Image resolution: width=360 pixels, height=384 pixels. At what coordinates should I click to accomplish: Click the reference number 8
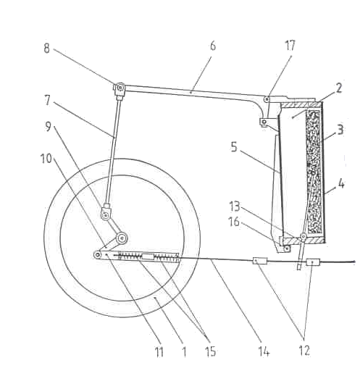(46, 49)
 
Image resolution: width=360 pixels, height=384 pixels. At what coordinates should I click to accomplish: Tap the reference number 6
(213, 46)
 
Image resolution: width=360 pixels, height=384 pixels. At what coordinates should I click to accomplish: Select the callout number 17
(290, 46)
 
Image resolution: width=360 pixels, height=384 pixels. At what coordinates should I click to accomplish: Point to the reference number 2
(339, 88)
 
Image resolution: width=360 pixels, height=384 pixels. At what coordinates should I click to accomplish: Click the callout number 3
(340, 130)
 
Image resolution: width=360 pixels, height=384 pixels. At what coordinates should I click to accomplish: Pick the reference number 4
(341, 184)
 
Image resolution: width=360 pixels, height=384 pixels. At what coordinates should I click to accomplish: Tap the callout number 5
(234, 147)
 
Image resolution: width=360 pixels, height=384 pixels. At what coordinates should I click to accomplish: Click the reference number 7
(47, 100)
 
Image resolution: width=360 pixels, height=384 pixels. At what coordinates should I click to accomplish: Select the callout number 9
(48, 126)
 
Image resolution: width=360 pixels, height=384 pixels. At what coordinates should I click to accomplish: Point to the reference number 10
(46, 159)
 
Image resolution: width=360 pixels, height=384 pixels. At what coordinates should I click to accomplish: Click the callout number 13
(235, 206)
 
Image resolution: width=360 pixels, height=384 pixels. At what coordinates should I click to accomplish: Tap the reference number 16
(234, 222)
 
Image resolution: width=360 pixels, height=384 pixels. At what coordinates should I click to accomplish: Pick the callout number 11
(159, 352)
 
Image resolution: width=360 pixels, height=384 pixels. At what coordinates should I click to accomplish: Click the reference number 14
(264, 351)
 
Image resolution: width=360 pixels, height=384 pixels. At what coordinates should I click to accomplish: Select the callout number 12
(304, 351)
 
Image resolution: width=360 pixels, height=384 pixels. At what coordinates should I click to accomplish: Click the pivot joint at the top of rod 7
(120, 88)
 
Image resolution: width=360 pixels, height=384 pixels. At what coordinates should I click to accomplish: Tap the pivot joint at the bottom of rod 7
(106, 215)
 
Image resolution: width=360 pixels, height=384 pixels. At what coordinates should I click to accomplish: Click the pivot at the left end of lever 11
(97, 255)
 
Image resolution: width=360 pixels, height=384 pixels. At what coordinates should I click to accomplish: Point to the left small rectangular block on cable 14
(260, 261)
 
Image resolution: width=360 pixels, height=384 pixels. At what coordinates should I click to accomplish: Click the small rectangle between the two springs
(148, 257)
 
